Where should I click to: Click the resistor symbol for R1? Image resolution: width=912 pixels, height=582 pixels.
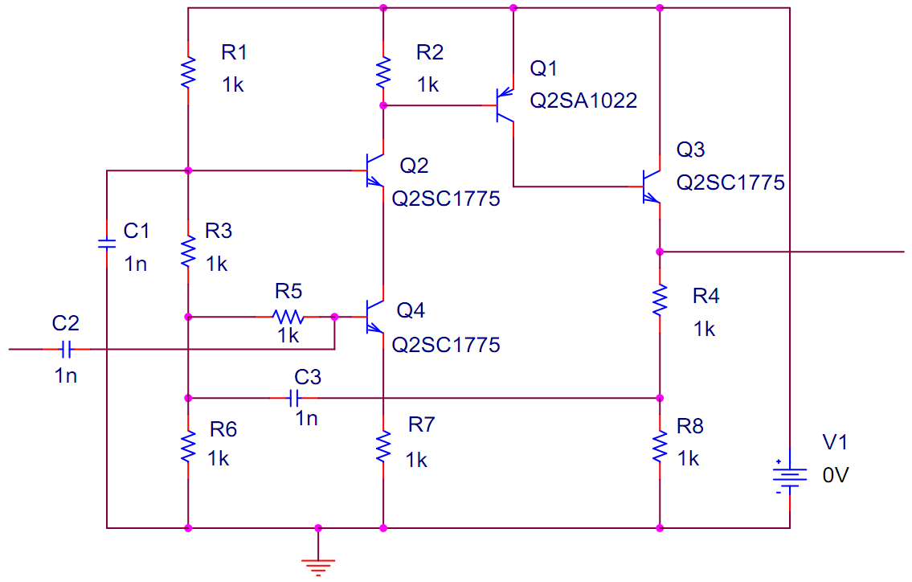188,72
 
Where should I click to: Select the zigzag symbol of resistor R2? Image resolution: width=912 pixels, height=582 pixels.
382,72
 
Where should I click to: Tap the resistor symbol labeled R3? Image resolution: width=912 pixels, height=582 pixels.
188,252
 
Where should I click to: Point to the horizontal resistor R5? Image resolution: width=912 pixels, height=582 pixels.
288,317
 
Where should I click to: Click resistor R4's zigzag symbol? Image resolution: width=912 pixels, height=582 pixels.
660,301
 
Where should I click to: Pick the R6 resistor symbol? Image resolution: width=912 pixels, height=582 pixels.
188,447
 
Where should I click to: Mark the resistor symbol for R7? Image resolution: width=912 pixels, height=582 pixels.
382,447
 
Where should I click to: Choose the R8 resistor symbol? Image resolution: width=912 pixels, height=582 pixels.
660,447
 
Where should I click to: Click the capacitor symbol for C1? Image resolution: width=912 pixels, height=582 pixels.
106,244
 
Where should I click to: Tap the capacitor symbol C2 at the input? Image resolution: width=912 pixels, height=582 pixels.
67,349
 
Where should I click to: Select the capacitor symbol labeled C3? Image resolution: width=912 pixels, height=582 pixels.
294,398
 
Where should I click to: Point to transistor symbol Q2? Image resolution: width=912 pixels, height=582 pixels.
374,170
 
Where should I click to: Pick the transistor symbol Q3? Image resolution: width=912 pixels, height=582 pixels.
651,186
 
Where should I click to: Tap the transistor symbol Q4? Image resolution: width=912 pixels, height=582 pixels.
374,317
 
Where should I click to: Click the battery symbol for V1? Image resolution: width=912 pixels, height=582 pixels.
789,477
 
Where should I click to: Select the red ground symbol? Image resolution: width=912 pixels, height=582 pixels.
318,566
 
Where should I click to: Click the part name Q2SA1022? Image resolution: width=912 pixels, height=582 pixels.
583,100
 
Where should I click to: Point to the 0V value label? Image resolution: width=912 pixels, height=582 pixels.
835,475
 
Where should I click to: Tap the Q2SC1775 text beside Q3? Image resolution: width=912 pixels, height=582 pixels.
730,182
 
